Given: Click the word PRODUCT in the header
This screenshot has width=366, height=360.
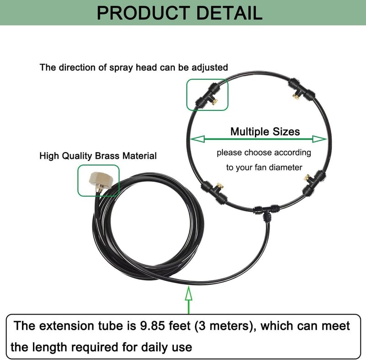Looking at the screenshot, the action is [143, 13].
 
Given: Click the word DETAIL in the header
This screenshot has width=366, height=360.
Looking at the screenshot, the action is [230, 13].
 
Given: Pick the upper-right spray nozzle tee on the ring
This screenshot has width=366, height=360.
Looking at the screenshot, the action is [301, 90].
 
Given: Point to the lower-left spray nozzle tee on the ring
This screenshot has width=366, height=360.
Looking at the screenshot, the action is [215, 191].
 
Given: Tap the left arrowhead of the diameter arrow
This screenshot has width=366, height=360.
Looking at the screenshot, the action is [198, 139].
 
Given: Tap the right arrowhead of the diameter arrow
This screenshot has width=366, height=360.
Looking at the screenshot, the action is [319, 139].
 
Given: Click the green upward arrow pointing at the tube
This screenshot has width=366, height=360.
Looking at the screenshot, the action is [188, 300].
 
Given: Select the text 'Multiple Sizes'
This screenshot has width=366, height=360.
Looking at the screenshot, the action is [265, 131].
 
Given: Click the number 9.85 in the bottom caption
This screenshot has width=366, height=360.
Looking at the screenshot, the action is [152, 326].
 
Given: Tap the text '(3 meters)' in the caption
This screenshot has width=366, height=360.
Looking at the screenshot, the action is [226, 326].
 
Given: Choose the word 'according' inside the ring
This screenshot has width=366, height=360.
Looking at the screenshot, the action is [292, 153].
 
